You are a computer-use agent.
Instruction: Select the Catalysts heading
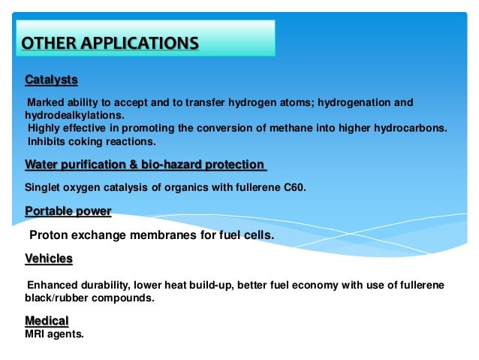click(x=51, y=80)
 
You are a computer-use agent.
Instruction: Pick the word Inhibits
click(x=47, y=141)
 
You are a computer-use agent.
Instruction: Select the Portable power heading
click(x=68, y=211)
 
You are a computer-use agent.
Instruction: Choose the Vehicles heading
click(x=49, y=259)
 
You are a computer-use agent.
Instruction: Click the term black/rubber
click(x=60, y=298)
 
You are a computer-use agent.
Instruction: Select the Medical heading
click(x=47, y=320)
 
